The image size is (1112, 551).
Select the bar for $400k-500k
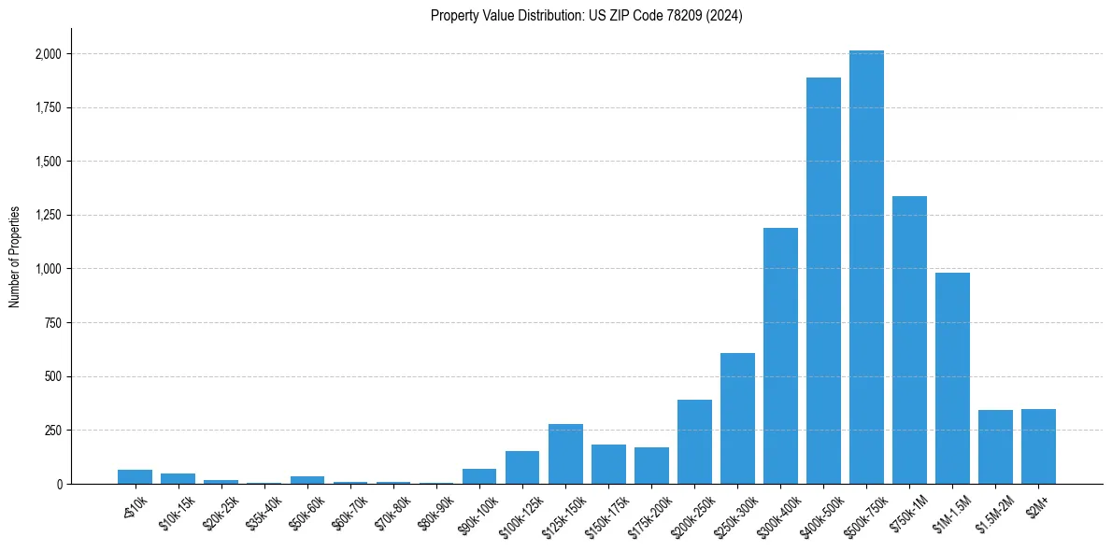coord(823,280)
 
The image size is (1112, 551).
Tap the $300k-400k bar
coord(780,356)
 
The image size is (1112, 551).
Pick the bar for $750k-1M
coord(909,340)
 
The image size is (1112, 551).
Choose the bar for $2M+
coord(1038,446)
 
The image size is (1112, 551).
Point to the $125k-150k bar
coord(565,454)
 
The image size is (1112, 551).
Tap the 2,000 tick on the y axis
coord(49,54)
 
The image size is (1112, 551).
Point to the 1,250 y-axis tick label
coord(49,216)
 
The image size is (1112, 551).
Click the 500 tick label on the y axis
coord(53,377)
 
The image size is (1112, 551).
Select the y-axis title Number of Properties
coord(14,257)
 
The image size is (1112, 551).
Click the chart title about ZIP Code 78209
coord(586,16)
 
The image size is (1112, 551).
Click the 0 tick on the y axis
coord(59,485)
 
